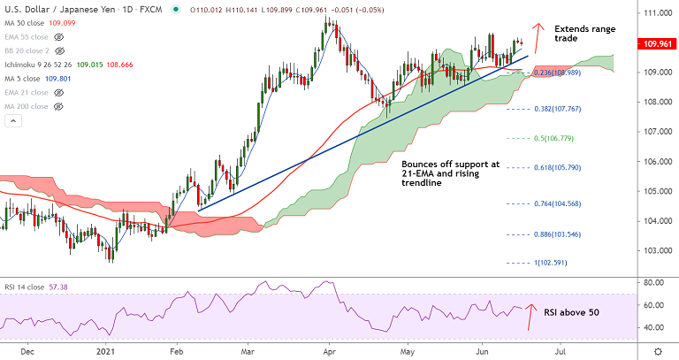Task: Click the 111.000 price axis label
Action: pyautogui.click(x=654, y=14)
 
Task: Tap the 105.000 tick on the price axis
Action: pyautogui.click(x=654, y=191)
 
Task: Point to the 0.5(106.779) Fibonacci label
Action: pyautogui.click(x=554, y=138)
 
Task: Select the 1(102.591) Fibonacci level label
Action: pyautogui.click(x=555, y=263)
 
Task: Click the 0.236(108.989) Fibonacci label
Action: pyautogui.click(x=557, y=73)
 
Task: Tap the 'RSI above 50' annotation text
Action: pyautogui.click(x=570, y=312)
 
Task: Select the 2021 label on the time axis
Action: pyautogui.click(x=107, y=351)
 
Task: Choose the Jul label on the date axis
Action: pyautogui.click(x=560, y=351)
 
